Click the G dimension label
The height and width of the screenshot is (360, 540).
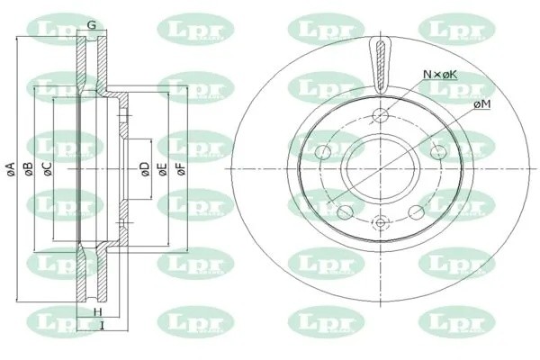click(91, 25)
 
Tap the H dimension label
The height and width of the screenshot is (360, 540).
click(96, 311)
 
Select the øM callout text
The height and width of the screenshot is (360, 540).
click(481, 105)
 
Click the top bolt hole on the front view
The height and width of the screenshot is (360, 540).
click(380, 114)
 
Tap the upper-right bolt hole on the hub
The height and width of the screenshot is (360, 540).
click(437, 149)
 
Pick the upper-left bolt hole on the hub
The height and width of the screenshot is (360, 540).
click(324, 149)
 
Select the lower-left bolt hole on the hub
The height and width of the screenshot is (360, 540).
click(343, 212)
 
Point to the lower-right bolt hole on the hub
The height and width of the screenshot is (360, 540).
click(418, 212)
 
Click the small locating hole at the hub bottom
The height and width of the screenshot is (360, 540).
click(380, 222)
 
